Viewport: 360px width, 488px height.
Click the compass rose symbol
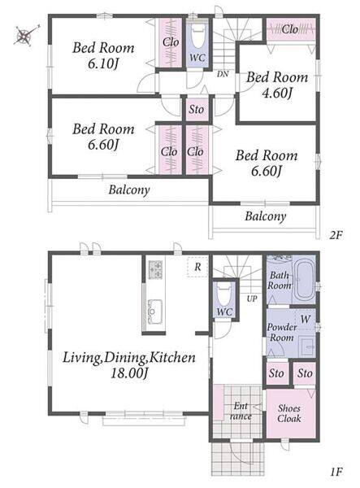click(x=25, y=35)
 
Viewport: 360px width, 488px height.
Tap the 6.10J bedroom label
click(x=103, y=55)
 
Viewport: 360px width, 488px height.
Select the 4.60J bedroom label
click(x=277, y=85)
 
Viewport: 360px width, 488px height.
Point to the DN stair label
click(x=223, y=74)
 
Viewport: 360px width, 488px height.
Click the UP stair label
click(x=252, y=298)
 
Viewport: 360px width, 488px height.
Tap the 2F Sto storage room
click(x=197, y=110)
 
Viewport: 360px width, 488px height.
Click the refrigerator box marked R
click(x=197, y=267)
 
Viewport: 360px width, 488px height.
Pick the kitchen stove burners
click(x=155, y=269)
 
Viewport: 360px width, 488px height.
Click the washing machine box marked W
click(x=305, y=319)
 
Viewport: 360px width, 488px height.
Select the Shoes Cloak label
click(x=288, y=413)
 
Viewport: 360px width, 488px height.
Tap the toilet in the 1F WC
click(x=224, y=296)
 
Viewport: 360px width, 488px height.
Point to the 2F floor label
click(x=336, y=235)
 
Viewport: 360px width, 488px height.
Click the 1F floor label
click(x=336, y=472)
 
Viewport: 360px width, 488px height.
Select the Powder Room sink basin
click(x=307, y=346)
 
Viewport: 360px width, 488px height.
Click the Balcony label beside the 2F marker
click(x=265, y=216)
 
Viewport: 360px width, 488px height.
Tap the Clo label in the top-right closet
click(x=290, y=29)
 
